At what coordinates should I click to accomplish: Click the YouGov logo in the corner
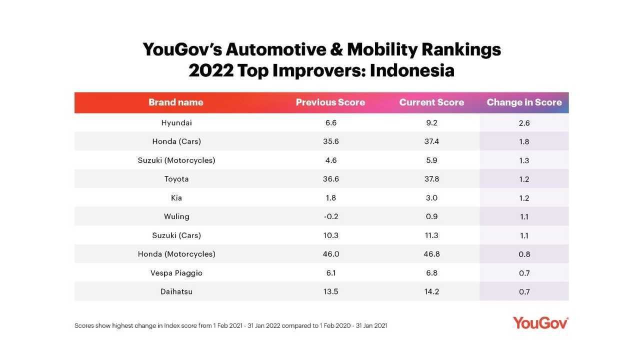point(540,323)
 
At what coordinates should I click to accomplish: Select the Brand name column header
point(176,102)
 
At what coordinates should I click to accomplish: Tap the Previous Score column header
point(330,102)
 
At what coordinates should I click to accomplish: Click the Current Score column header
point(431,102)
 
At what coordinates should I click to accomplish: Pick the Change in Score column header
point(524,102)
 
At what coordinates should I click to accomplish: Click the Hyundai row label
point(176,123)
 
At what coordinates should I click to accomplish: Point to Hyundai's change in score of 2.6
point(524,123)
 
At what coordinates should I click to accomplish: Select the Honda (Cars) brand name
point(176,141)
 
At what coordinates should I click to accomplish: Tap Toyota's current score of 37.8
point(431,179)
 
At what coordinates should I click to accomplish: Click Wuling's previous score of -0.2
point(330,216)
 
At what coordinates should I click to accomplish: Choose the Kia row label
point(176,198)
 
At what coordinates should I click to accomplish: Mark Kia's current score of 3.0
point(431,198)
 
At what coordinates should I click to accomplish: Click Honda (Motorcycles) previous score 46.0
point(330,254)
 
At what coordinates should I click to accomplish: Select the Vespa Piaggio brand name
point(176,273)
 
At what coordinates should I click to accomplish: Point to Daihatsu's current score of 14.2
point(431,291)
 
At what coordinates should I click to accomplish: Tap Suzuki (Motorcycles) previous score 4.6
point(330,160)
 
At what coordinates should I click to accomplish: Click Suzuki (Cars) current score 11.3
point(431,235)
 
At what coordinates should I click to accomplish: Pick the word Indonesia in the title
point(412,70)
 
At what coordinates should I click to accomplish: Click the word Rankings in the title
point(461,49)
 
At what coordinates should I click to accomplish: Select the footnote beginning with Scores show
point(230,326)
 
